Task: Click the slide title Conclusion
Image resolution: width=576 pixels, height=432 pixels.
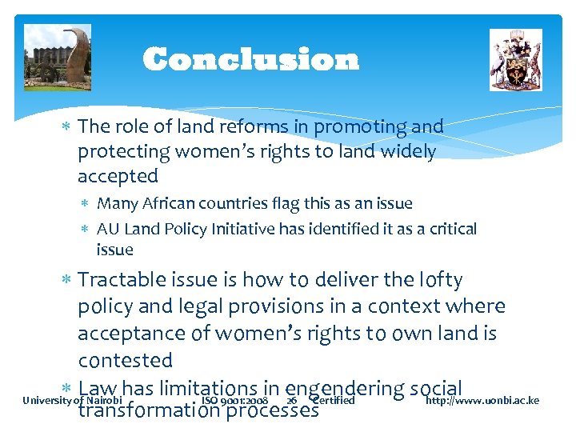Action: (x=250, y=60)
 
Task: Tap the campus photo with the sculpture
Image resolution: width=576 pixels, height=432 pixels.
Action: (x=58, y=58)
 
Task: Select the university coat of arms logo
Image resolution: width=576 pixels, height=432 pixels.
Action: (x=515, y=60)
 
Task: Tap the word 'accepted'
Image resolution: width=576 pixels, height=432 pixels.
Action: (x=118, y=176)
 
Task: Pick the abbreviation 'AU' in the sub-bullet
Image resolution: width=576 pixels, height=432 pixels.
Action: (x=108, y=230)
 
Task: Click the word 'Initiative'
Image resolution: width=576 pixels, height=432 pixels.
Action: (x=244, y=230)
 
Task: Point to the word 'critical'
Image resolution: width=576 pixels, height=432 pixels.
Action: (x=450, y=230)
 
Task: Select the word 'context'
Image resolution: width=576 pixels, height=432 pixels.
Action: (x=414, y=306)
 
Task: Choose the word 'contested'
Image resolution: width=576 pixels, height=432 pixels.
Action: (x=126, y=360)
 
